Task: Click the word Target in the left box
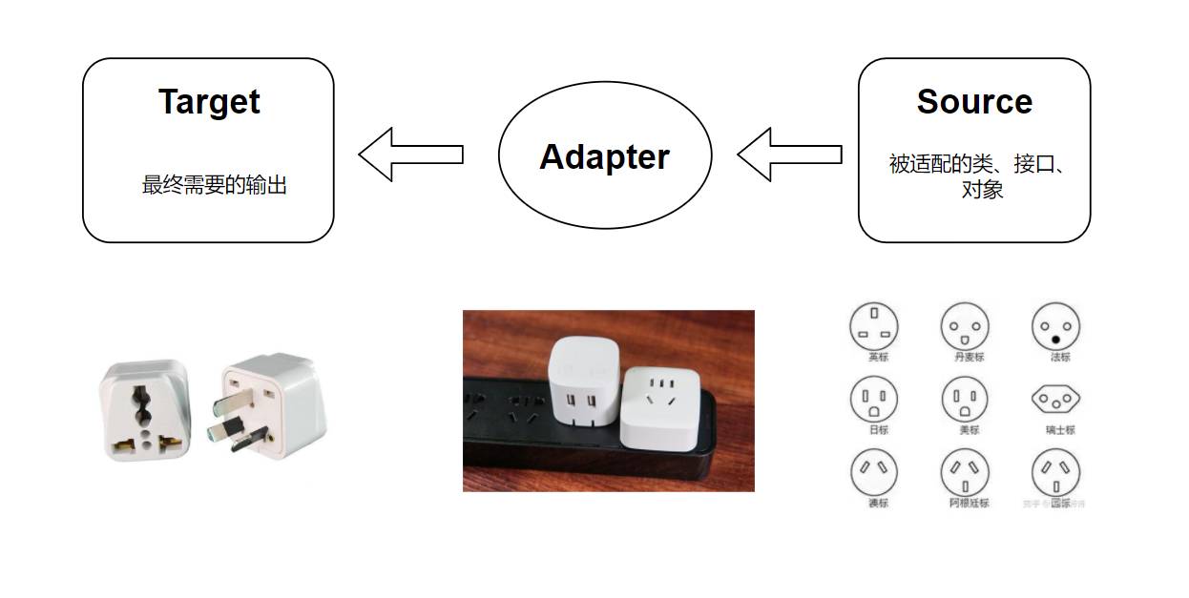[x=209, y=102]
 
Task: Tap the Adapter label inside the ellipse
[x=604, y=156]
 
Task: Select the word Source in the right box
[x=974, y=102]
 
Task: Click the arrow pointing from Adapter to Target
[x=410, y=155]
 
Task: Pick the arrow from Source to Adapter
[x=788, y=155]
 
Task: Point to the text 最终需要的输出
[x=214, y=186]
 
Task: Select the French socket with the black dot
[x=1056, y=328]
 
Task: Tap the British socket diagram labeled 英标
[x=874, y=327]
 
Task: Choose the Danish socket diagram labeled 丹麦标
[x=965, y=327]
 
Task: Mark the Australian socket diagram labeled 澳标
[x=874, y=472]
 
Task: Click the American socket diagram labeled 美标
[x=965, y=400]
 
